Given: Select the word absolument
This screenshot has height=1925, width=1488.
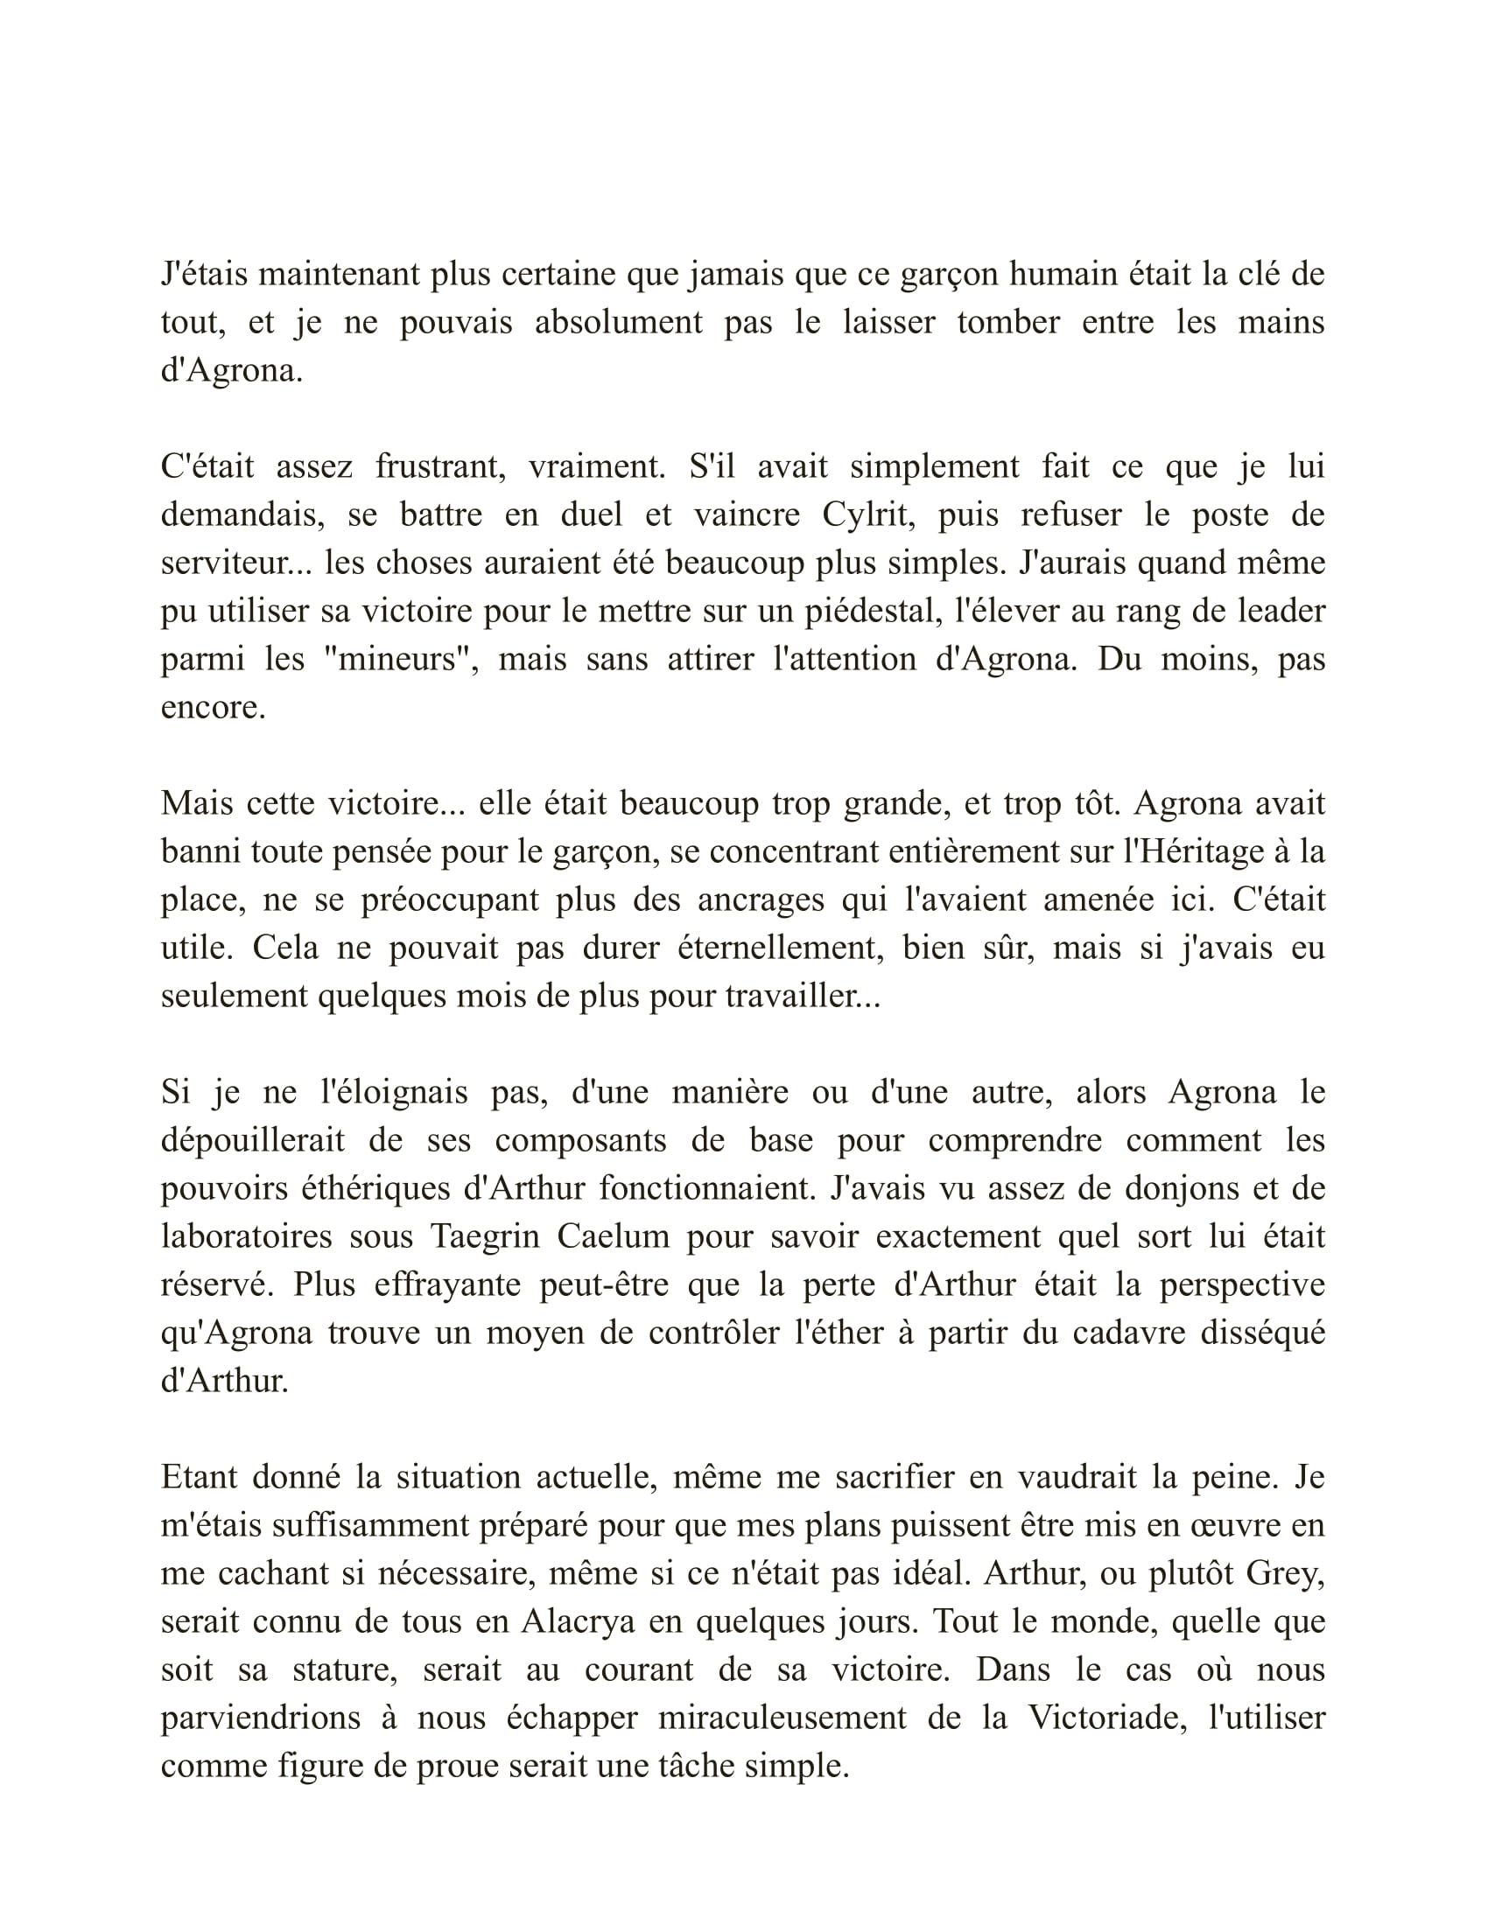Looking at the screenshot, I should [x=619, y=322].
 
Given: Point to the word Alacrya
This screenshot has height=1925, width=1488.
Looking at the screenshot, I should [x=579, y=1621].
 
